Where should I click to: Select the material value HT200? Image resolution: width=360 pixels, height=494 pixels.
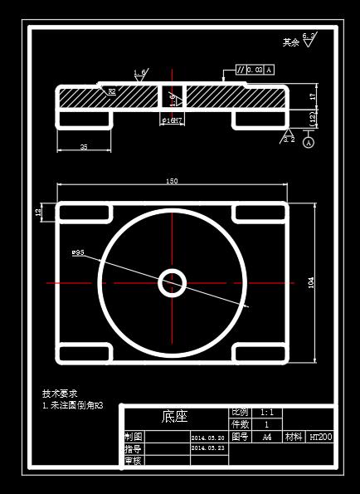point(320,437)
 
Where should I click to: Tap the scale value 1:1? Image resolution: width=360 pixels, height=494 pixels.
point(267,413)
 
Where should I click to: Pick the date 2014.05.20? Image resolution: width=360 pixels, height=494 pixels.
point(208,438)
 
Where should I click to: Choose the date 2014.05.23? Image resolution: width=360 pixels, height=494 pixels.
point(208,448)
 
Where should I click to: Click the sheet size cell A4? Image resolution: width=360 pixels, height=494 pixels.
point(267,437)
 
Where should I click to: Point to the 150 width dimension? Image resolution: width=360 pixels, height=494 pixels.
point(173,181)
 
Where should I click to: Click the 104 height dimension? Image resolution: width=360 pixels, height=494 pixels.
point(311,283)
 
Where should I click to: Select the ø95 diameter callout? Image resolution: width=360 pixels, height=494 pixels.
point(79,252)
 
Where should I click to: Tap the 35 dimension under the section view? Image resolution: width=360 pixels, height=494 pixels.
point(84,146)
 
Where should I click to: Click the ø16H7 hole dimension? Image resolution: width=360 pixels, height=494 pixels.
point(173,120)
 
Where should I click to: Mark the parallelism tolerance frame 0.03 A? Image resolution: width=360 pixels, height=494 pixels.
point(255,70)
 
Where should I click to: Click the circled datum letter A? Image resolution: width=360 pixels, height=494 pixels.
point(309,143)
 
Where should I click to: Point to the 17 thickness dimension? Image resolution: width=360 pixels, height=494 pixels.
point(313,96)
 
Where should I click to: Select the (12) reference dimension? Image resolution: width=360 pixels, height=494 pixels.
point(313,119)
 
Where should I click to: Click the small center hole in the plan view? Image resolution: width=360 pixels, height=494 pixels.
point(173,282)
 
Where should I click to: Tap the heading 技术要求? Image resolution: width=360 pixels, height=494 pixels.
point(60,394)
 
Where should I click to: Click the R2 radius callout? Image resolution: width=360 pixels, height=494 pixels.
point(111,91)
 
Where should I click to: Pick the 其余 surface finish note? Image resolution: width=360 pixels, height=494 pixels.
point(290,42)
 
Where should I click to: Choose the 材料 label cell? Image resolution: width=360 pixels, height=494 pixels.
point(294,437)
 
